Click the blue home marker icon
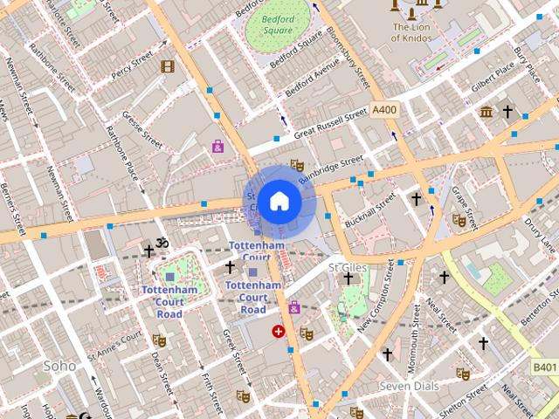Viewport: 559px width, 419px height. point(279,202)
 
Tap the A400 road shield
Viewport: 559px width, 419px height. point(384,110)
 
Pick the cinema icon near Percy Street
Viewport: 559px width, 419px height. point(167,65)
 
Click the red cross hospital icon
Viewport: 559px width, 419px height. point(278,331)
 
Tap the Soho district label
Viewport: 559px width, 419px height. point(60,366)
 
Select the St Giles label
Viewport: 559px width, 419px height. point(346,265)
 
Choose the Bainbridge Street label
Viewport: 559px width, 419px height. point(330,169)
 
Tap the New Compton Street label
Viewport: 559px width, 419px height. point(377,301)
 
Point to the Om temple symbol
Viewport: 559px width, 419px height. point(160,244)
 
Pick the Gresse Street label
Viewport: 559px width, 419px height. point(142,128)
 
